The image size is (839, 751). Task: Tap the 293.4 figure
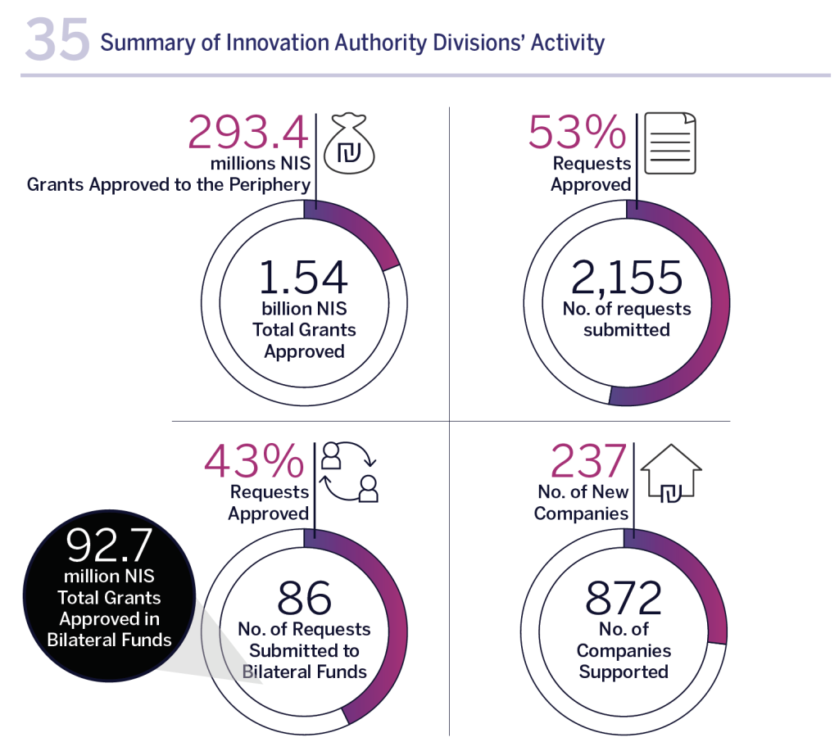pos(248,132)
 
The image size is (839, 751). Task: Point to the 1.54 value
pos(303,278)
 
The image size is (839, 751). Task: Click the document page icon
pos(670,143)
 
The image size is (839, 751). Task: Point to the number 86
pos(304,599)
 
